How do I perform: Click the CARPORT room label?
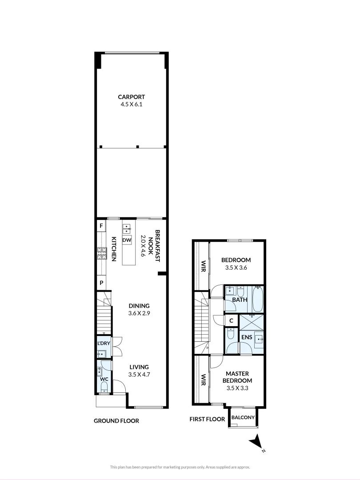pyautogui.click(x=131, y=97)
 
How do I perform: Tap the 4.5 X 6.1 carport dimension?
pyautogui.click(x=131, y=104)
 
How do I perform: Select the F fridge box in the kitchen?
pyautogui.click(x=101, y=226)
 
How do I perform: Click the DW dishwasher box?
pyautogui.click(x=127, y=240)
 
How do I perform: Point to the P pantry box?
pyautogui.click(x=101, y=283)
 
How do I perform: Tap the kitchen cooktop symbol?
pyautogui.click(x=101, y=254)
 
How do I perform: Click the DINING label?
pyautogui.click(x=139, y=306)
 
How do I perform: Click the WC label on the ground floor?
pyautogui.click(x=104, y=379)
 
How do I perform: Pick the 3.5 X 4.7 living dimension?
pyautogui.click(x=139, y=375)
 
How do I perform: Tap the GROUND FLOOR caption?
pyautogui.click(x=116, y=420)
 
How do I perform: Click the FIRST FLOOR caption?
pyautogui.click(x=208, y=419)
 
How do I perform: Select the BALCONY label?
pyautogui.click(x=243, y=417)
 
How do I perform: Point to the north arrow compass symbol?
pyautogui.click(x=256, y=442)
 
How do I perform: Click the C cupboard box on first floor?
pyautogui.click(x=231, y=320)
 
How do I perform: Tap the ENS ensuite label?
pyautogui.click(x=246, y=337)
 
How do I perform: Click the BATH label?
pyautogui.click(x=240, y=300)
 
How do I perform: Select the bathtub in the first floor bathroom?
pyautogui.click(x=258, y=300)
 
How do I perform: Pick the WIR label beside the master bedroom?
pyautogui.click(x=203, y=379)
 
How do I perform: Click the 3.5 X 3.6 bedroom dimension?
pyautogui.click(x=236, y=268)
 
